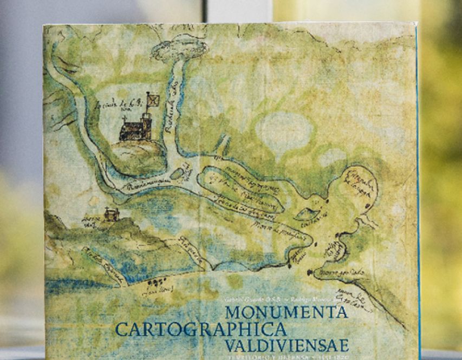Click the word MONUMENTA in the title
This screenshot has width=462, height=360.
(x=286, y=312)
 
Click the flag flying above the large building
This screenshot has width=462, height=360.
(x=154, y=99)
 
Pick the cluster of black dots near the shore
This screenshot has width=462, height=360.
(x=159, y=282)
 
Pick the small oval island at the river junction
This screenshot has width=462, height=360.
(x=177, y=174)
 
